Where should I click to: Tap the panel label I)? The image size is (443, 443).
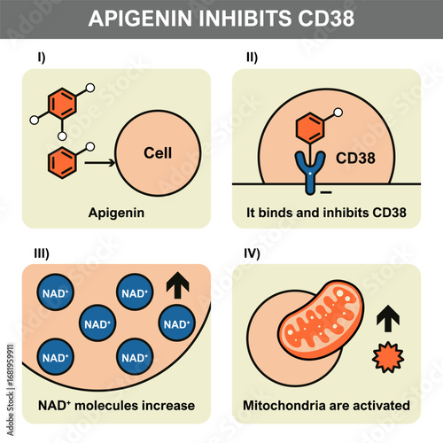(40, 58)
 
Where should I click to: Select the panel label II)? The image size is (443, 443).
(252, 58)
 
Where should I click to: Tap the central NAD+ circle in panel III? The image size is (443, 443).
(96, 321)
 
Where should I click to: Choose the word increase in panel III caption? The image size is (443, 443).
(166, 406)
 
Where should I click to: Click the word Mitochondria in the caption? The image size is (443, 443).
(284, 406)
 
